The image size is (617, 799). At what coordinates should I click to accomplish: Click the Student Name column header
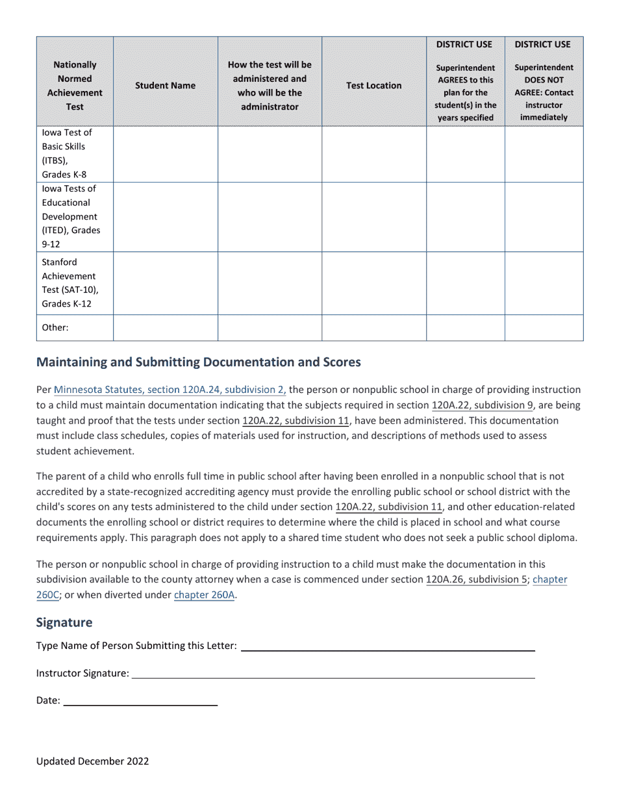[x=165, y=86]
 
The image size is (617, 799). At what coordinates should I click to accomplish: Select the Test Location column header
[x=373, y=86]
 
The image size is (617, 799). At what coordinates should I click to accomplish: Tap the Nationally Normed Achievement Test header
[x=75, y=86]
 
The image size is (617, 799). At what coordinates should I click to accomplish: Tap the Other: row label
[x=55, y=328]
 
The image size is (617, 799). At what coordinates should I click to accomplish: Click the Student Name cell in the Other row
[x=165, y=328]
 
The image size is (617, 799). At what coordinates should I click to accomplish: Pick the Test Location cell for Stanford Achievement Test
[x=373, y=283]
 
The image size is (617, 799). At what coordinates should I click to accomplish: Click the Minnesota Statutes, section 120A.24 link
[x=170, y=390]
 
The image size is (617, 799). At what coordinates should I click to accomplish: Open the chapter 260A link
[x=204, y=594]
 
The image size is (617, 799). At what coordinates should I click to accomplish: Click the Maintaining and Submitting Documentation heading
[x=198, y=362]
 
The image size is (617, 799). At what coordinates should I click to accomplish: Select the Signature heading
[x=64, y=622]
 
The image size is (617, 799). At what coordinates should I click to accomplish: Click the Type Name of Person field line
[x=388, y=646]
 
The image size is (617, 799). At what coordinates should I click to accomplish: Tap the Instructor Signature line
[x=333, y=674]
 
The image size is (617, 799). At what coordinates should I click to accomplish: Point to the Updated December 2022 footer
[x=92, y=761]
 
